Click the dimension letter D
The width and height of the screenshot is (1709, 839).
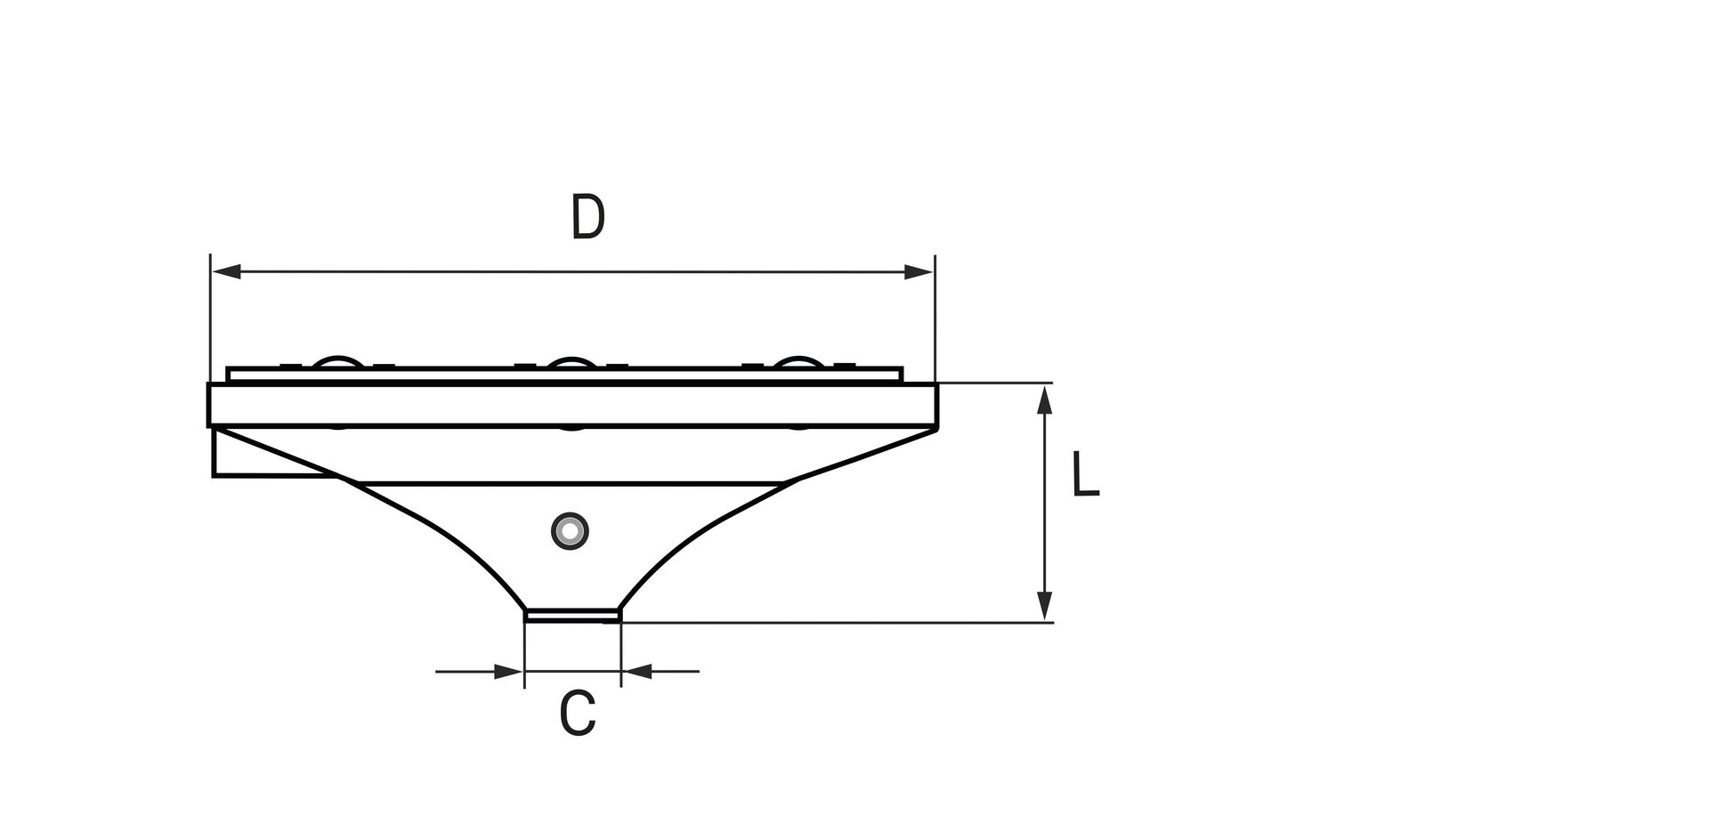click(587, 217)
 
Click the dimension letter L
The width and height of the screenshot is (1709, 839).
click(1085, 473)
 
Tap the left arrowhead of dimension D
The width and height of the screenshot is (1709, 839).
click(226, 271)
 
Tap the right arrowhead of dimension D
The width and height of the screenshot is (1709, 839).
click(919, 271)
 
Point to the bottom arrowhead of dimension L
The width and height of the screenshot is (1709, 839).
click(1046, 607)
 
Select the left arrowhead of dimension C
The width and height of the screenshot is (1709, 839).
click(509, 671)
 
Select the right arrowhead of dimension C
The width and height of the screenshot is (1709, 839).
click(636, 671)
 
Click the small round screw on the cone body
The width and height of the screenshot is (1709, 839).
click(570, 531)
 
